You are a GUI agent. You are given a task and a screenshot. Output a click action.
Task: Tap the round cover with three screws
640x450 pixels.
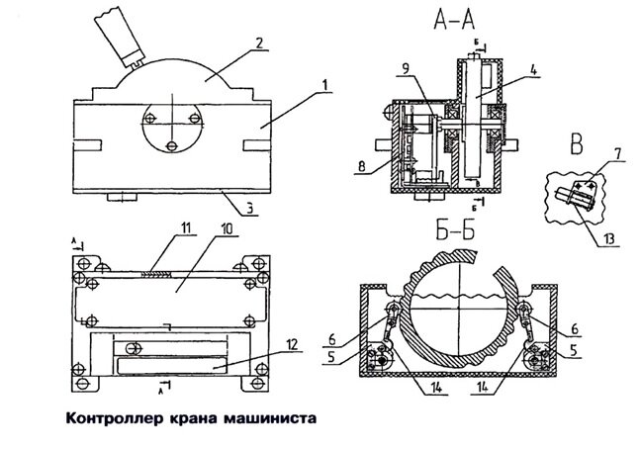172,127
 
